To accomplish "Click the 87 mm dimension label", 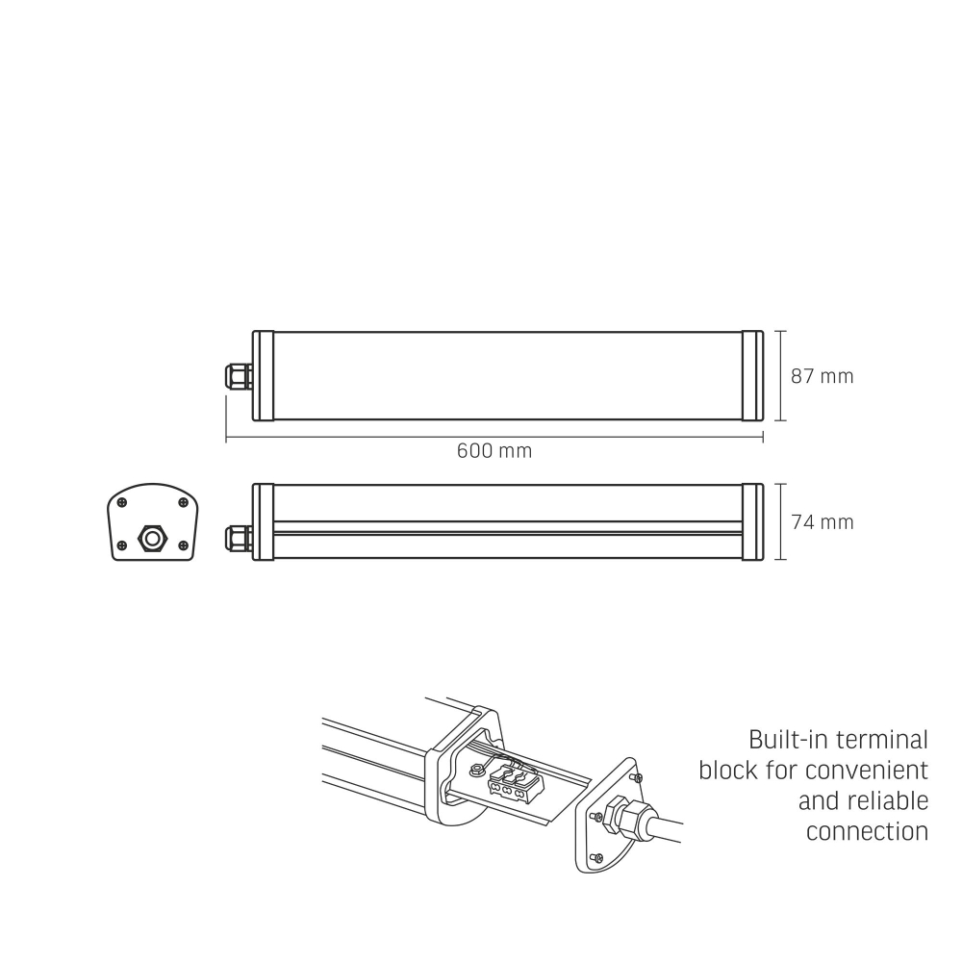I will (822, 376).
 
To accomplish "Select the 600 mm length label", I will (494, 450).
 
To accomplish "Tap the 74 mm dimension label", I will (822, 522).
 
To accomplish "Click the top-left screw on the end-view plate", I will (122, 502).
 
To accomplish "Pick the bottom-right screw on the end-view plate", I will (183, 545).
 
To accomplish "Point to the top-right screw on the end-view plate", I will (183, 502).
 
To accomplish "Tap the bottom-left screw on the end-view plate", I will (121, 545).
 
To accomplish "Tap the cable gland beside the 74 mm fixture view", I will (238, 538).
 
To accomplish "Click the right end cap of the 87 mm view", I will (752, 376).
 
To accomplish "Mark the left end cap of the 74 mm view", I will (262, 521).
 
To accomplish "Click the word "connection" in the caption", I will (867, 832).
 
